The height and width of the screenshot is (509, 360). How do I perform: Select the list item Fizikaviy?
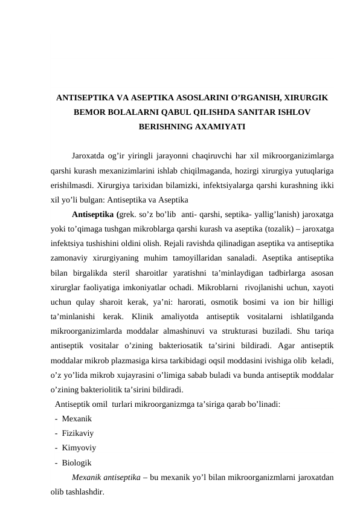pos(77,433)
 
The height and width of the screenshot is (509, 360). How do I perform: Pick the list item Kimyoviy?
pos(79,448)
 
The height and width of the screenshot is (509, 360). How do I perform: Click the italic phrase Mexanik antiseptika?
pos(111,478)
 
